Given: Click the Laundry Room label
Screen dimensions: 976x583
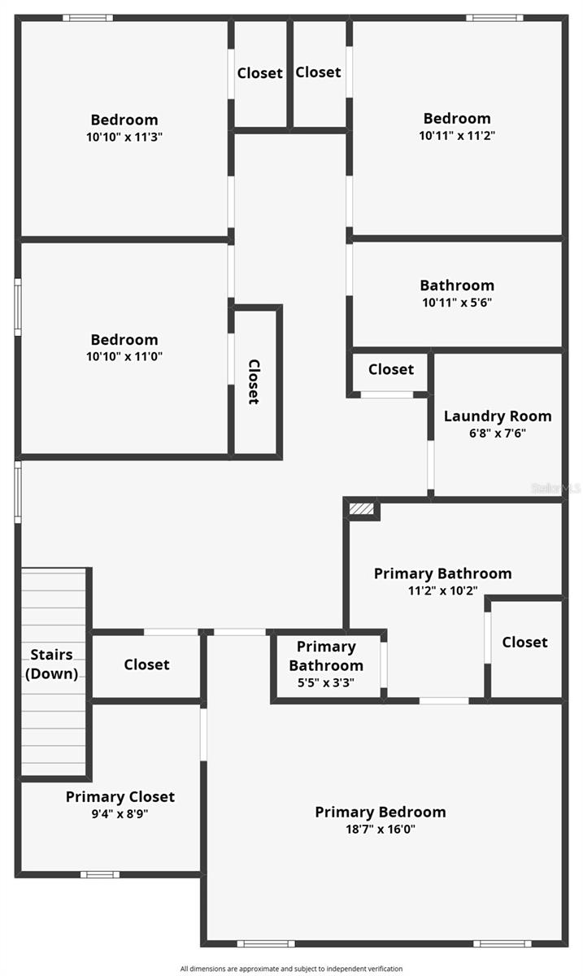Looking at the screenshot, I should pyautogui.click(x=497, y=416).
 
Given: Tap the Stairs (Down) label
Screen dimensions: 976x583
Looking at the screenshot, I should pyautogui.click(x=52, y=664).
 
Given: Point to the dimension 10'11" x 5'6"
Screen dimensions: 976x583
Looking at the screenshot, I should pyautogui.click(x=457, y=303).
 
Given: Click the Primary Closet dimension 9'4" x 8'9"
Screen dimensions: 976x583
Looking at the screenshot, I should pyautogui.click(x=120, y=813).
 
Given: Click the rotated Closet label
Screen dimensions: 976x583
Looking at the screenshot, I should pyautogui.click(x=254, y=381).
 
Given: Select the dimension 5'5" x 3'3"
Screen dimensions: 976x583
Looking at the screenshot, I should pyautogui.click(x=326, y=682).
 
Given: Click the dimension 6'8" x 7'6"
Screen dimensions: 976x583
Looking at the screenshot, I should pyautogui.click(x=497, y=434).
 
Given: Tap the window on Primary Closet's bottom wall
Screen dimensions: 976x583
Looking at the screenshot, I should pyautogui.click(x=99, y=874).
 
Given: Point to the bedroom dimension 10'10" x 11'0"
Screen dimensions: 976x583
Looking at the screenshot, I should pyautogui.click(x=124, y=356).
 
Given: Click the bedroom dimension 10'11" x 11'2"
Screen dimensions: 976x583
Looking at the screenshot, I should pyautogui.click(x=457, y=136).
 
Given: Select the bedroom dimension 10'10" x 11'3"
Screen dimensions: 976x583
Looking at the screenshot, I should pyautogui.click(x=124, y=137).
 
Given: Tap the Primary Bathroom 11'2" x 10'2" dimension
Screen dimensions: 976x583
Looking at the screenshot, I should pyautogui.click(x=442, y=590).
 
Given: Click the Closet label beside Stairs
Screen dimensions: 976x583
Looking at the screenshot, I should pyautogui.click(x=146, y=664).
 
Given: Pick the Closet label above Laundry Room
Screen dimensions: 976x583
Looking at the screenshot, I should pyautogui.click(x=390, y=369).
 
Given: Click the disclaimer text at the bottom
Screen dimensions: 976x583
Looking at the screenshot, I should pyautogui.click(x=291, y=969).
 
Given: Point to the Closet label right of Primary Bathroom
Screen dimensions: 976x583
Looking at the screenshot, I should pyautogui.click(x=524, y=642).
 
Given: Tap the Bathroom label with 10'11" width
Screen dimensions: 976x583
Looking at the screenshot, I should pyautogui.click(x=457, y=285).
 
